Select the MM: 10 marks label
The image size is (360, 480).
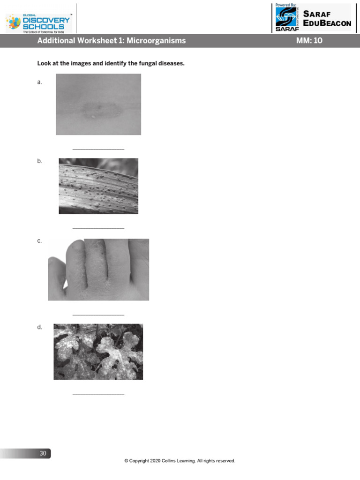coord(309,41)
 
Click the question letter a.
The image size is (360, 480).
coord(39,82)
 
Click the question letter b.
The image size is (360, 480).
coord(39,161)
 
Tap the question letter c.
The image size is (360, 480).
coord(39,240)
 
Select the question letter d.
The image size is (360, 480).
coord(39,327)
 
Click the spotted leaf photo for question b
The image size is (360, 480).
coord(98,186)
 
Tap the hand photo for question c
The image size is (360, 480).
coord(98,270)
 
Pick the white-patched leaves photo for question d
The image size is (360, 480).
coord(98,352)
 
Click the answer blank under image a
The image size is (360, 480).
coord(98,149)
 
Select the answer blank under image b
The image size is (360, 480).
coord(98,228)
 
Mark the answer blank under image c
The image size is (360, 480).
coord(98,315)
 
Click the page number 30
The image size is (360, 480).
coord(43,453)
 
